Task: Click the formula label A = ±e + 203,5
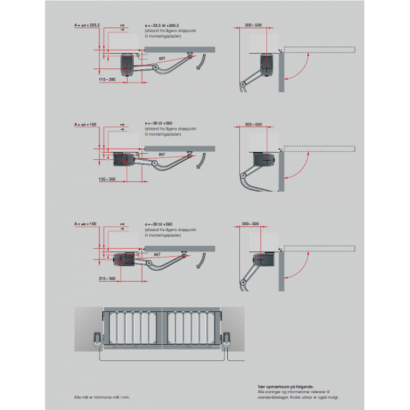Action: pos(87,24)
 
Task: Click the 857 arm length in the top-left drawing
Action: pos(162,59)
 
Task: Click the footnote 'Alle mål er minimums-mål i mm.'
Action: pos(102,399)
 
